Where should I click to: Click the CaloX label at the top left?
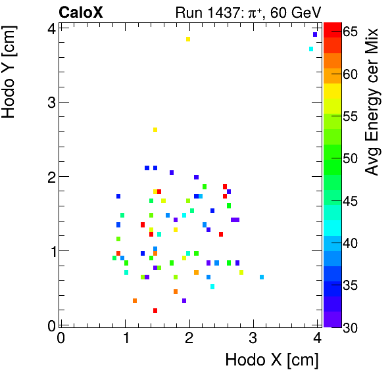tap(81, 12)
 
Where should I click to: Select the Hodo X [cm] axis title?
tap(272, 360)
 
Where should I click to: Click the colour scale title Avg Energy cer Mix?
tap(372, 102)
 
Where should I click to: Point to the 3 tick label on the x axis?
tap(253, 338)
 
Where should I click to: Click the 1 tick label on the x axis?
tap(125, 338)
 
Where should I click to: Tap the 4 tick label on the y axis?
tap(51, 28)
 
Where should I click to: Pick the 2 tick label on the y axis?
tap(51, 176)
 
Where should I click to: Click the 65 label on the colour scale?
tap(351, 32)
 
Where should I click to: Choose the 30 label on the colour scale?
tap(351, 327)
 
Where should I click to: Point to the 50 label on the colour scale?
tap(351, 158)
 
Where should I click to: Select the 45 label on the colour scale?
tap(351, 200)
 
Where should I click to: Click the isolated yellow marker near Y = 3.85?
tap(188, 39)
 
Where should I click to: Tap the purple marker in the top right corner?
tap(315, 35)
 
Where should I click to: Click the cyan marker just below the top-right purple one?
tap(311, 49)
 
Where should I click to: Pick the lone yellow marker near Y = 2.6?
tap(155, 129)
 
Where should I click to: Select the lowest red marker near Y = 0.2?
tap(155, 310)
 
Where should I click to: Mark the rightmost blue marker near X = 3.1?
tap(262, 277)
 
